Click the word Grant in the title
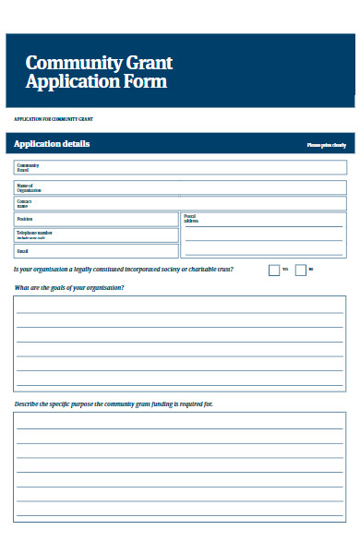click(147, 64)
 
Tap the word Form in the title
click(149, 81)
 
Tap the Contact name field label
click(24, 203)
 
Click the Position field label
click(24, 219)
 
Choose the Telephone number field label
click(34, 234)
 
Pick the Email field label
click(23, 250)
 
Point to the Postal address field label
click(191, 219)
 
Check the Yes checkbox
click(273, 270)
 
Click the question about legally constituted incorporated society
click(123, 269)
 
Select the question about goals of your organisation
click(69, 288)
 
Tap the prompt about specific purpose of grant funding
click(113, 404)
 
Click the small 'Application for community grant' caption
click(53, 120)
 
